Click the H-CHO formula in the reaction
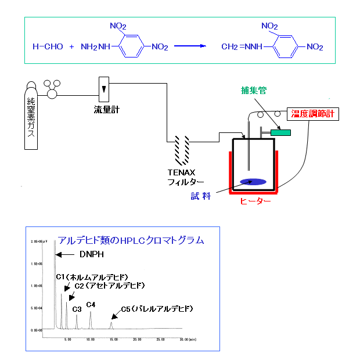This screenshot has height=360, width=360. click(x=48, y=46)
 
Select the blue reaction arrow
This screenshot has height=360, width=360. click(x=190, y=46)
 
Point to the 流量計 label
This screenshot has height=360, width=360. click(x=106, y=109)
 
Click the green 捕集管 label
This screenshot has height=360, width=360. click(x=254, y=90)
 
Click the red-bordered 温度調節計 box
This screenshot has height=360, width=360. click(x=314, y=114)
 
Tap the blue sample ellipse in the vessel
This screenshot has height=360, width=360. click(x=253, y=182)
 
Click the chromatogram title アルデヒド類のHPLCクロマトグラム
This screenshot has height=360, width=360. click(x=131, y=240)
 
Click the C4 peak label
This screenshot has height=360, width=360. click(x=91, y=304)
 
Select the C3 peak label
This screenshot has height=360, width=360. click(x=77, y=309)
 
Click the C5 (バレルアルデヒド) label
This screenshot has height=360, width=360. click(x=156, y=308)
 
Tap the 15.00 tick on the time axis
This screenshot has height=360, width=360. click(x=113, y=339)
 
